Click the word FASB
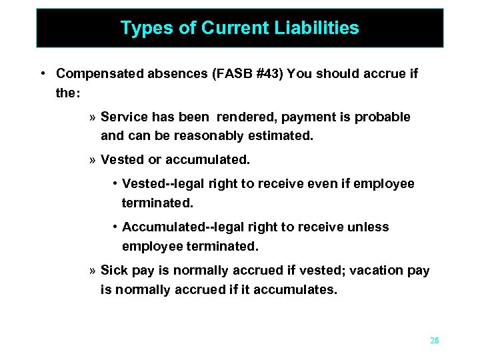click(x=215, y=74)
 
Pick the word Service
click(x=125, y=117)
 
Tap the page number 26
click(x=435, y=341)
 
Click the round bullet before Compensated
click(x=42, y=74)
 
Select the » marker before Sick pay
click(x=92, y=271)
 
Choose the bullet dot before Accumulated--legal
click(x=115, y=227)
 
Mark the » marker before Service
click(x=92, y=118)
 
